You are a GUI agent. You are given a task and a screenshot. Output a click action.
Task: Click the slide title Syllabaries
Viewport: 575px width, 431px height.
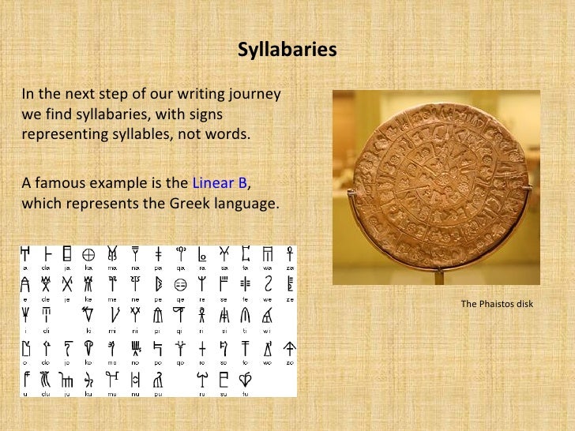pos(287,50)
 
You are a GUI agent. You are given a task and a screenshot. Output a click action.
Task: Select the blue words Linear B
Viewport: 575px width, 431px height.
pos(220,183)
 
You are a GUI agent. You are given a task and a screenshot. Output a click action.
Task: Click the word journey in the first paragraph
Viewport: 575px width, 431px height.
pos(255,96)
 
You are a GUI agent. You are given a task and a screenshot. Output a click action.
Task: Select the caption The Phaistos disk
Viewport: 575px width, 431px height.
pos(497,304)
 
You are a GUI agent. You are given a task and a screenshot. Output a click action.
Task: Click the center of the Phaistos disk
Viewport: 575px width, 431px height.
pos(430,185)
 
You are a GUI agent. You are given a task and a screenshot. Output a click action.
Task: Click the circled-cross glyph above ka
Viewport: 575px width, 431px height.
pos(90,254)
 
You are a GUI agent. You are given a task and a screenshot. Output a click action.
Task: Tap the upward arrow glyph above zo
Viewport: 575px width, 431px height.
pos(291,347)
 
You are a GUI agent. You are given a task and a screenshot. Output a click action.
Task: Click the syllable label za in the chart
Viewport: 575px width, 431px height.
pos(291,268)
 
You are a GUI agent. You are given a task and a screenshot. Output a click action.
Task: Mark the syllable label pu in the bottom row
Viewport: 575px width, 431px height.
pos(157,392)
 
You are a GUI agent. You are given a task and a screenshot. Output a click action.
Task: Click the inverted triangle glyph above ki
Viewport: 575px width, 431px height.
pos(90,316)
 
